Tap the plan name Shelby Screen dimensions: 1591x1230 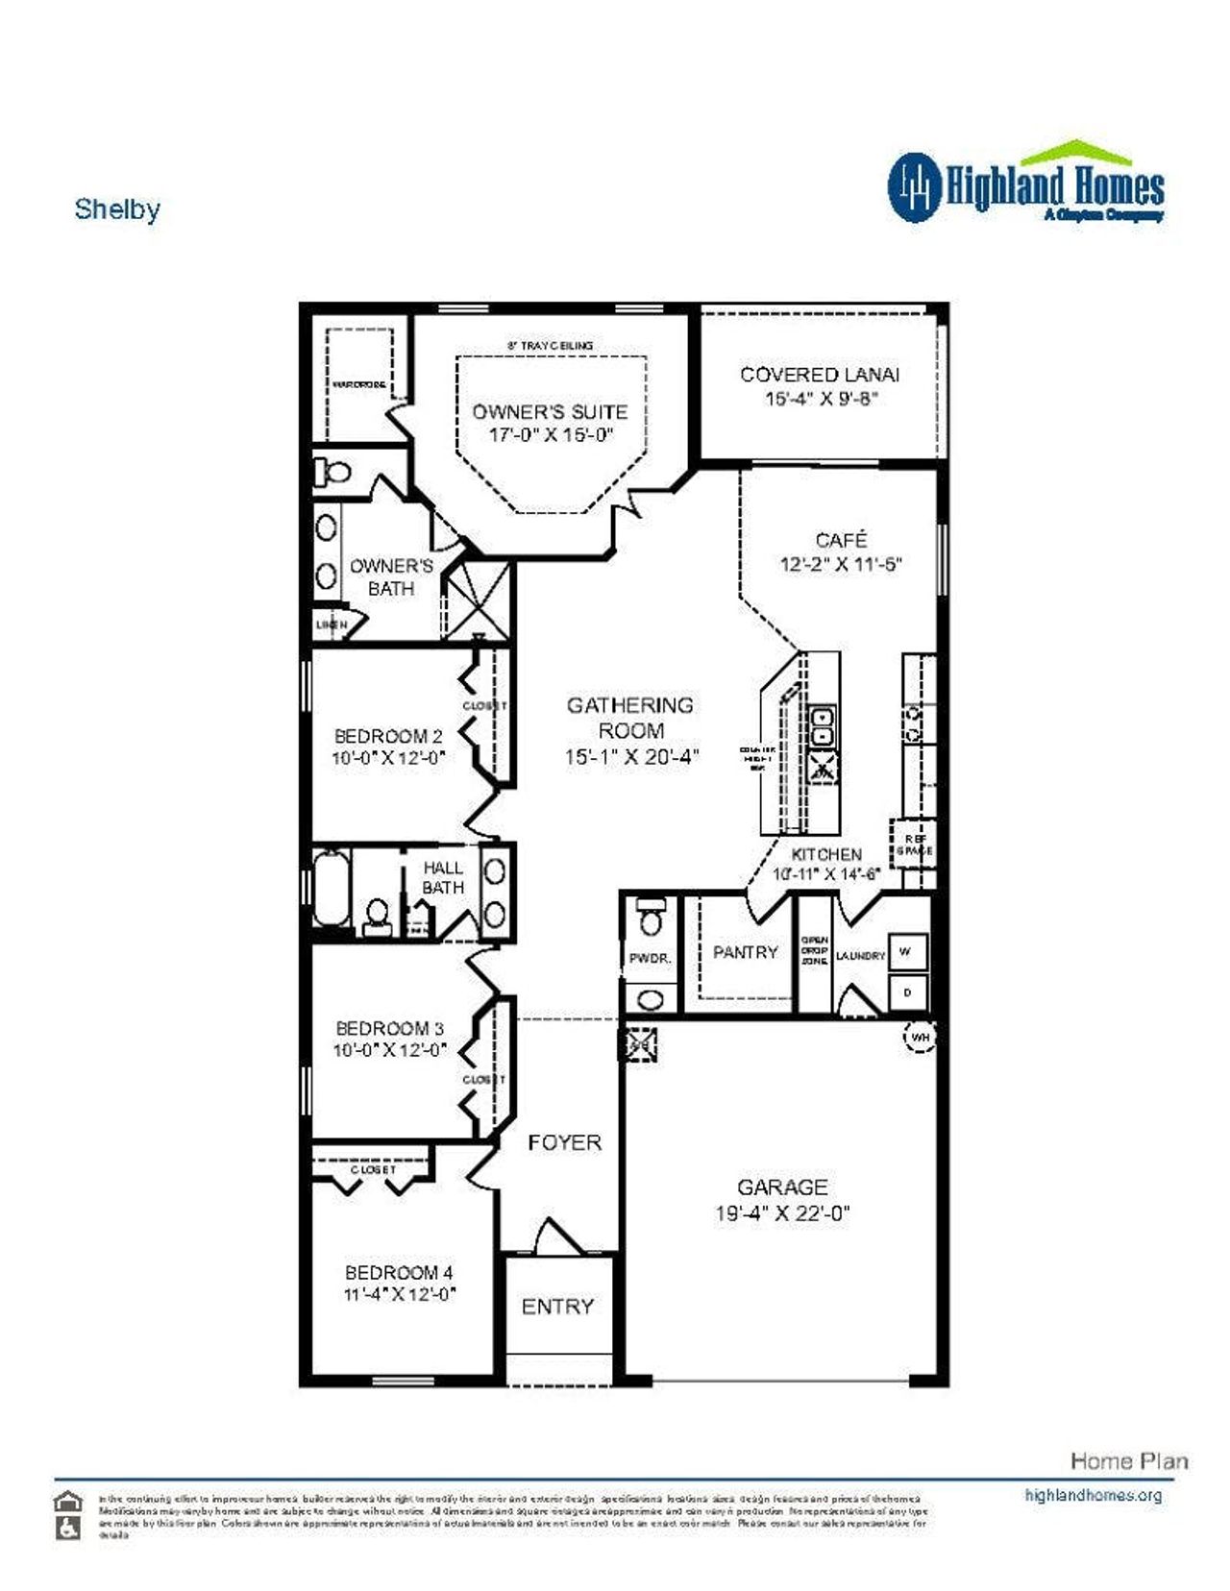[x=117, y=209]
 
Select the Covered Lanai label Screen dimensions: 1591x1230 [x=820, y=375]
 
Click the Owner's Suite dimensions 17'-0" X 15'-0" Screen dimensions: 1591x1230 [x=551, y=435]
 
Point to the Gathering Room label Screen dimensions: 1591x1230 [x=629, y=717]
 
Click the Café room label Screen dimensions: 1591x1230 [x=841, y=540]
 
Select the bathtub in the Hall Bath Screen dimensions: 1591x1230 [x=332, y=892]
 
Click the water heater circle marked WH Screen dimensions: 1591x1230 [x=920, y=1037]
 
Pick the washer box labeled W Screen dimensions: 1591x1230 [x=905, y=952]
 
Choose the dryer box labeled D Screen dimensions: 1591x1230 [x=907, y=991]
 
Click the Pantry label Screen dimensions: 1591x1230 [x=745, y=952]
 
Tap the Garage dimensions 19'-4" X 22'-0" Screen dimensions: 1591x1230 [x=782, y=1213]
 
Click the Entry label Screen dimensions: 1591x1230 [x=557, y=1307]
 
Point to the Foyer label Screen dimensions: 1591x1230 [x=564, y=1142]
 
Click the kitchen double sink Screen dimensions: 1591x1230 [x=822, y=726]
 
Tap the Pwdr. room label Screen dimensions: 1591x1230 [x=650, y=958]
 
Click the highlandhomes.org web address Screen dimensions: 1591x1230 [x=1093, y=1495]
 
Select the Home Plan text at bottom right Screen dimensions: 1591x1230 [x=1128, y=1461]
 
